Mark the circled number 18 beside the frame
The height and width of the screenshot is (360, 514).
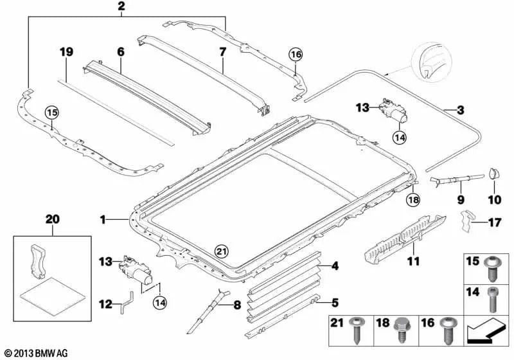coord(412,200)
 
